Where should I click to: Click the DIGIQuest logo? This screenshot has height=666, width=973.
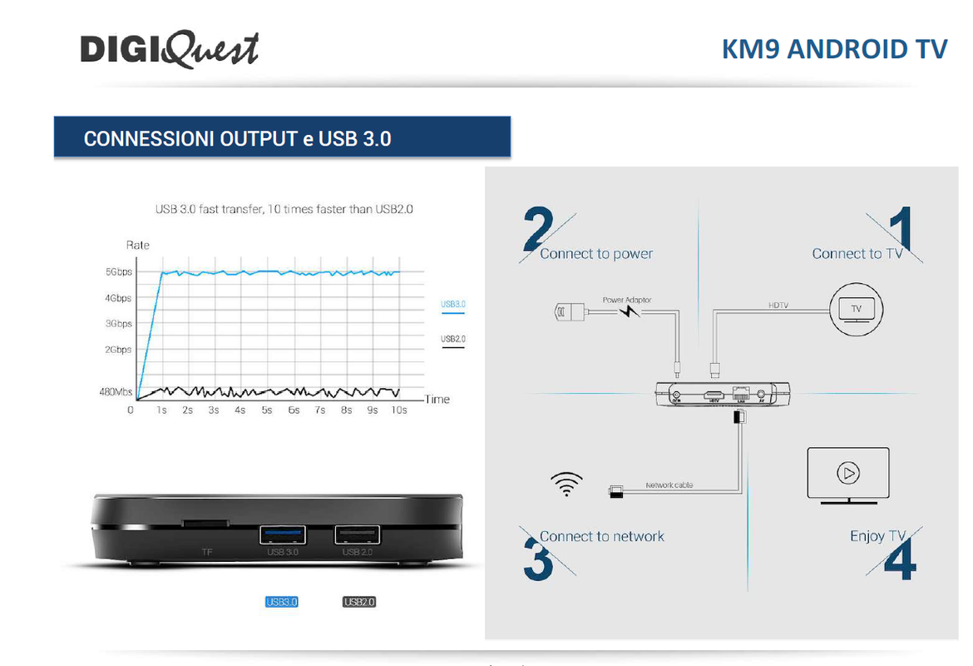tap(170, 49)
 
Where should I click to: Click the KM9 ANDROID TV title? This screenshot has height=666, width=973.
tap(834, 49)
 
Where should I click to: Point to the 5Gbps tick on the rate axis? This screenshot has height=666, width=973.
tap(118, 272)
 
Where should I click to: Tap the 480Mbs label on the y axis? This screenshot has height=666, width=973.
tap(116, 392)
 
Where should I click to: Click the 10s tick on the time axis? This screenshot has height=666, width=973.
tap(399, 410)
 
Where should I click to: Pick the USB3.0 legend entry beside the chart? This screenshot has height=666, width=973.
tap(453, 304)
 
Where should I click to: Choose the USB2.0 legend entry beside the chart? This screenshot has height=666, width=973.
tap(453, 339)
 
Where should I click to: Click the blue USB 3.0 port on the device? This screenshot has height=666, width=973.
tap(283, 534)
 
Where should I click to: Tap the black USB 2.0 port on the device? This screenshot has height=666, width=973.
tap(358, 534)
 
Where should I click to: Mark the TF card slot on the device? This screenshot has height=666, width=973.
tap(205, 524)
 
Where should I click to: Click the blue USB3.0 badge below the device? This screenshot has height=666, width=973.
tap(281, 601)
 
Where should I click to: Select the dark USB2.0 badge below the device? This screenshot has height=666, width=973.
tap(359, 601)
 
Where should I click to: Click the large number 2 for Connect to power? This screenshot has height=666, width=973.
tap(538, 229)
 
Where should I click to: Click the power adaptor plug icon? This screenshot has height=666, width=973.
tap(570, 312)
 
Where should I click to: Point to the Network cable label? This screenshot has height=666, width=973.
tap(669, 485)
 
